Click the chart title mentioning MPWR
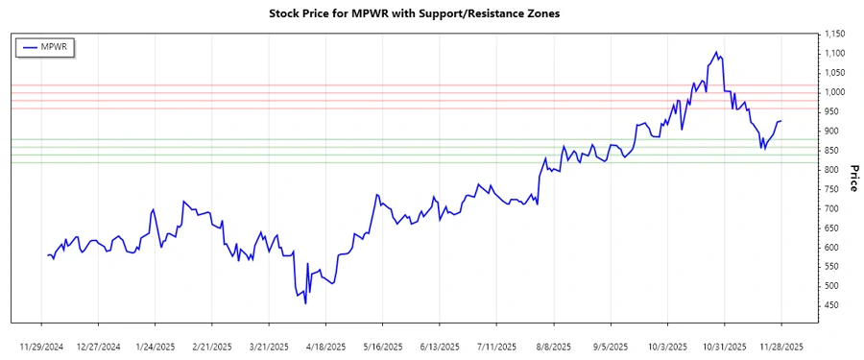click(431, 14)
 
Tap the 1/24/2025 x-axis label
click(156, 345)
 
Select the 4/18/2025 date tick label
click(324, 345)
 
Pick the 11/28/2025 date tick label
click(780, 345)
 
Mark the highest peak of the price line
click(716, 52)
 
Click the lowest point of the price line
click(305, 304)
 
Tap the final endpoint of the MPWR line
click(781, 121)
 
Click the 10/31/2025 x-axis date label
click(724, 345)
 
